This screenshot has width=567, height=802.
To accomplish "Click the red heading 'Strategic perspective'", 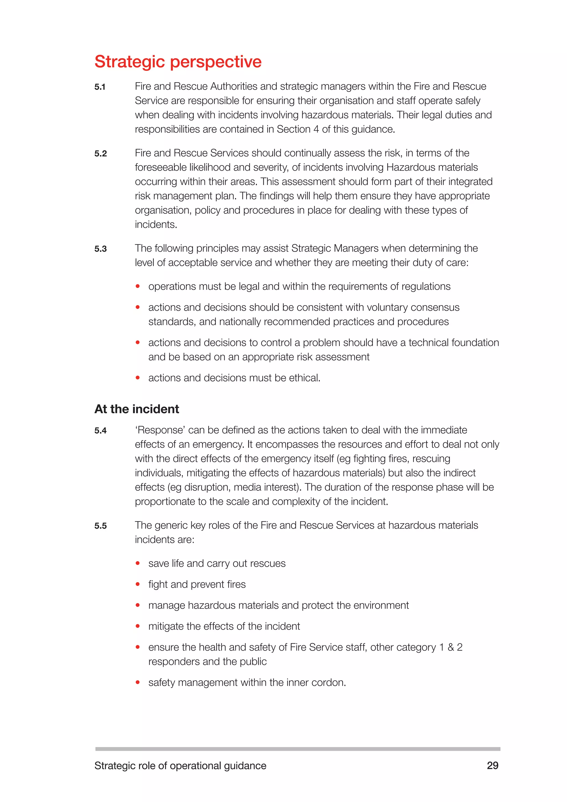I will (x=178, y=62).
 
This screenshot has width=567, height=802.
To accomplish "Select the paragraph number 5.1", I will (x=100, y=87).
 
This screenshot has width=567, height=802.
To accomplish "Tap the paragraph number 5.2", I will (x=100, y=154).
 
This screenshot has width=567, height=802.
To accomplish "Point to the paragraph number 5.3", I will (x=100, y=249).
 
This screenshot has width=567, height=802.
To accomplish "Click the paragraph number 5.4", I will (x=100, y=431).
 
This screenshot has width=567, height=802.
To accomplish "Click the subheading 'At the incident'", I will (x=136, y=409).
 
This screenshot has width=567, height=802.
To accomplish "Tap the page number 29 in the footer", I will (x=492, y=765).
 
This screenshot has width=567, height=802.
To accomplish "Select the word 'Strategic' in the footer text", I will (x=115, y=766).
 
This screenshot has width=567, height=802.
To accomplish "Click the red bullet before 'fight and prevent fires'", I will (x=138, y=584).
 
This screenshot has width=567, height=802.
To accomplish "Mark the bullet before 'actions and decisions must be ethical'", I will (x=138, y=377).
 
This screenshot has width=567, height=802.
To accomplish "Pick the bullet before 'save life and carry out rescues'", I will (x=138, y=563).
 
